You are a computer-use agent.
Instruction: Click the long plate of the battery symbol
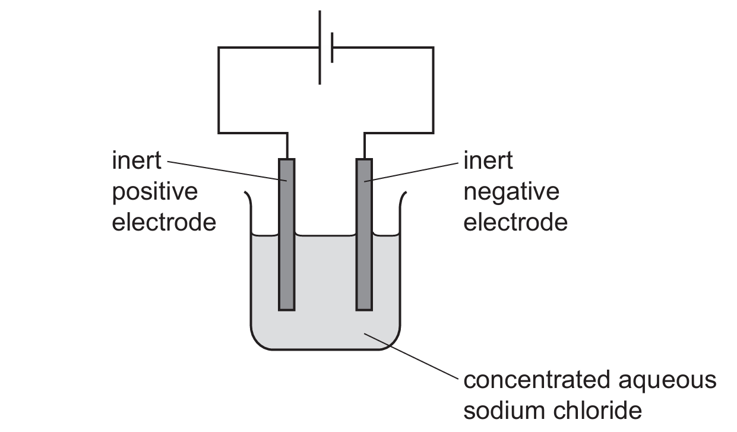coord(320,48)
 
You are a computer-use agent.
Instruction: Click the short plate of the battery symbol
coord(333,48)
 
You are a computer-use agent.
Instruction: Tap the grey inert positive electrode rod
coord(287,235)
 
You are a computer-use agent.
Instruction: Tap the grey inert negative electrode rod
coord(364,235)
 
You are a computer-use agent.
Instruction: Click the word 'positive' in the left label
coord(155,193)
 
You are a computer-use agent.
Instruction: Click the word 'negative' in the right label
coord(511,193)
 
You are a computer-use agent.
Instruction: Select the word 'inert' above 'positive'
coord(137,160)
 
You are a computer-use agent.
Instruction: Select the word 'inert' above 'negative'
coord(488,160)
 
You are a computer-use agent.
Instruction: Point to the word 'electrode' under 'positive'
coord(164,223)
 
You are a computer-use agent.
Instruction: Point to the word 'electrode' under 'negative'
coord(515,223)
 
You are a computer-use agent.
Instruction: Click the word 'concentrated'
coord(537,380)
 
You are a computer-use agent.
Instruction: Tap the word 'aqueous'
coord(668,382)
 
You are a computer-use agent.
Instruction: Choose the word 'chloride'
coord(597,410)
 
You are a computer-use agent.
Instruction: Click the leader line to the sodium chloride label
coord(411,357)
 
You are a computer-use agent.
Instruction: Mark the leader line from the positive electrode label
coord(227,171)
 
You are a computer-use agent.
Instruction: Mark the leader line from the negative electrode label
coord(412,172)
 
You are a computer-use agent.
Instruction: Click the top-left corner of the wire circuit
coord(219,48)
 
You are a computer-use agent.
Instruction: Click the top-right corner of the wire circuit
coord(434,48)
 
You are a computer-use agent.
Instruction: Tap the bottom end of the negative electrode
coord(364,310)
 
